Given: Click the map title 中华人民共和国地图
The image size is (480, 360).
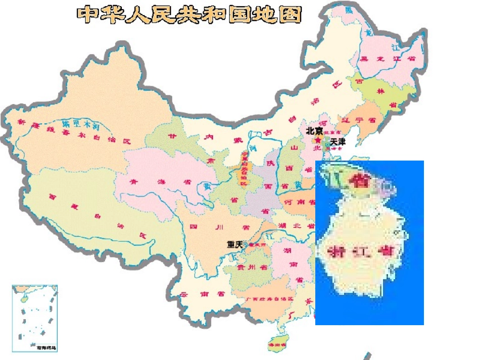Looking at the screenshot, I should [x=189, y=15].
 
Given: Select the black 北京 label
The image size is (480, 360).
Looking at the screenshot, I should [x=314, y=130].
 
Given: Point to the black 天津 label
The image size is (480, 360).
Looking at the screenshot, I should [x=337, y=143].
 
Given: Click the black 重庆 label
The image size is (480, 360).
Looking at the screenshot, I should [x=235, y=244].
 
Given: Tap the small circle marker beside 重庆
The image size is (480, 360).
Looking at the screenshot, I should [x=246, y=244].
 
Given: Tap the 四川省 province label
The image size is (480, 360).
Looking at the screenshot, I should [x=207, y=227].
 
